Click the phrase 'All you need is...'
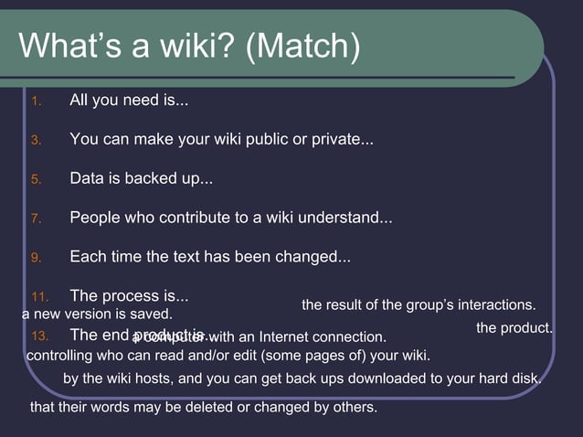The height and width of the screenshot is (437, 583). (x=129, y=101)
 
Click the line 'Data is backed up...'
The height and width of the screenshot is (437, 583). (x=141, y=179)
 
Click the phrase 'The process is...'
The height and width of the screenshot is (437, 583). (x=129, y=296)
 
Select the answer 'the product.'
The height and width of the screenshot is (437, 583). (x=514, y=327)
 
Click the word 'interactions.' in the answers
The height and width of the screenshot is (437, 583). (x=494, y=304)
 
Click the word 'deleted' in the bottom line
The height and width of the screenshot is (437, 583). (x=208, y=407)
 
